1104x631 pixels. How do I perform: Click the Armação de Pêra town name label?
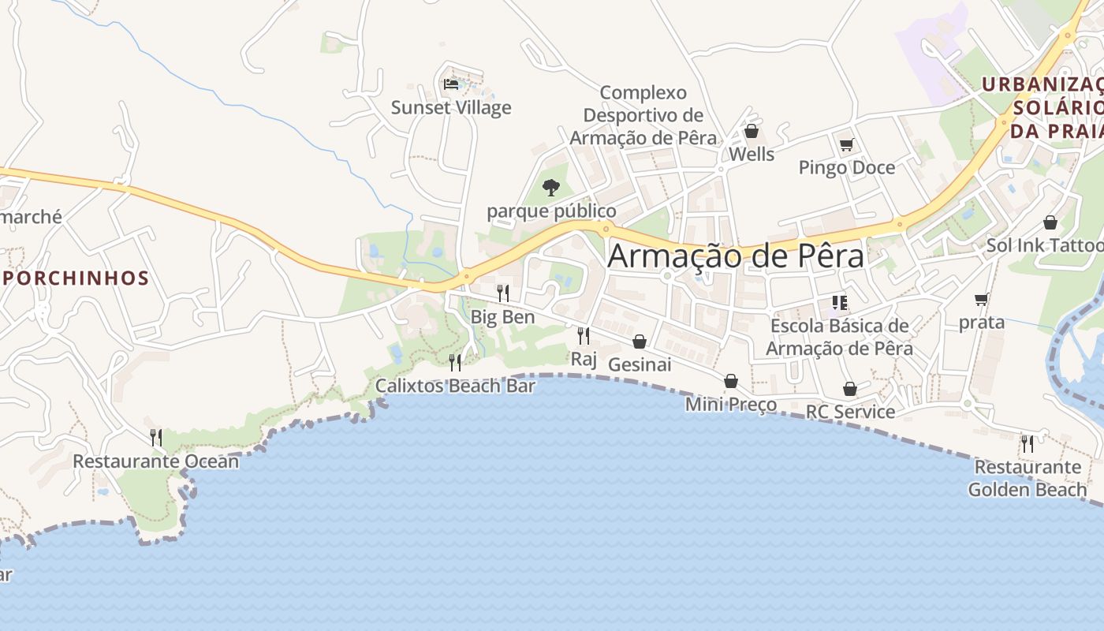click(x=736, y=256)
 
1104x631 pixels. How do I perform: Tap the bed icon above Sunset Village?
click(x=451, y=84)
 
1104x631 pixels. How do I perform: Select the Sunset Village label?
click(x=451, y=107)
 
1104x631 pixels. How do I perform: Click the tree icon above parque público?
click(x=551, y=188)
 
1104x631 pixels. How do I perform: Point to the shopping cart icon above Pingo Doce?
click(x=846, y=144)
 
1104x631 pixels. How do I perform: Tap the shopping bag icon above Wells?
click(x=752, y=131)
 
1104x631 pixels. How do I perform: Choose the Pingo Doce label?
click(x=846, y=167)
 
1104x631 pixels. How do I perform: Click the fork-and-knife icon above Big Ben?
click(x=502, y=293)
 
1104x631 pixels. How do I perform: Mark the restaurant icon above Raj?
click(x=584, y=336)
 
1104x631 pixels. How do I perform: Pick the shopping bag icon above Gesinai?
click(x=640, y=342)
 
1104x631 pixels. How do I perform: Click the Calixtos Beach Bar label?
click(x=455, y=386)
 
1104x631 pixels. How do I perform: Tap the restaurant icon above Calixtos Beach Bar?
click(x=455, y=362)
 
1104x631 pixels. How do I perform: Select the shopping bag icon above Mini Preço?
click(x=731, y=382)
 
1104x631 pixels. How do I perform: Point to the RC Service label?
click(x=850, y=412)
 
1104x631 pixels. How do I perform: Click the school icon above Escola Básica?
click(x=839, y=303)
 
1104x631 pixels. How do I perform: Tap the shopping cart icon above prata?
click(x=982, y=299)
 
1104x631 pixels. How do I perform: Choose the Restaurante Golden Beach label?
click(x=1028, y=478)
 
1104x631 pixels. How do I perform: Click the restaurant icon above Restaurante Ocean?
click(x=156, y=437)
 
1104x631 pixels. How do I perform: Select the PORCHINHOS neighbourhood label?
click(x=75, y=278)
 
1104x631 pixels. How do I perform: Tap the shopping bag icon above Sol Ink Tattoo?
click(x=1050, y=222)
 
